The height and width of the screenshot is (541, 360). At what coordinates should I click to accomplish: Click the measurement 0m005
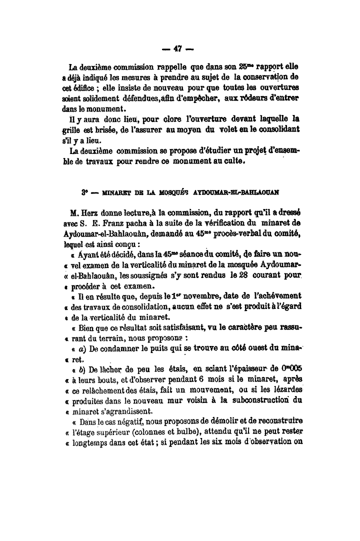285,369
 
